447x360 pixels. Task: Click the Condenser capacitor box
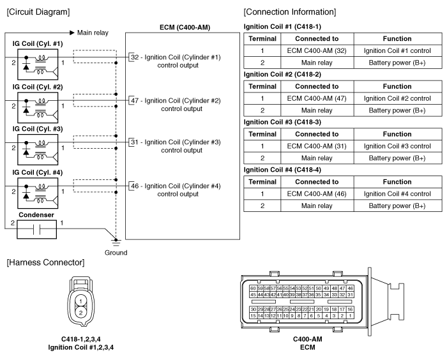tap(37, 229)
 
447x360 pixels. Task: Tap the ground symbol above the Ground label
tap(116, 242)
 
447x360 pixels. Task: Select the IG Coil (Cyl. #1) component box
tap(38, 64)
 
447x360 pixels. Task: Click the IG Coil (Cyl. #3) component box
tap(38, 149)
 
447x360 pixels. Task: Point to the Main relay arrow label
tap(93, 33)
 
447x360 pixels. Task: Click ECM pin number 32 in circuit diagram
tap(135, 57)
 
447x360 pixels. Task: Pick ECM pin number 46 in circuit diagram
tap(135, 186)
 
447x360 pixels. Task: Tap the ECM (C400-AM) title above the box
tap(185, 27)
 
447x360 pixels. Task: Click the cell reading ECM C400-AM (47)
tap(317, 98)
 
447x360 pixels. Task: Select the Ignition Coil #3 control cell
tap(397, 146)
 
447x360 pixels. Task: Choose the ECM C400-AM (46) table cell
tap(317, 194)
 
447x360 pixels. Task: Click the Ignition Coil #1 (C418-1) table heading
tap(282, 27)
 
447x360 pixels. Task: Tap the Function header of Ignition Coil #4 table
tap(397, 182)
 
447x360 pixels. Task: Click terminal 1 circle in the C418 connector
tap(80, 301)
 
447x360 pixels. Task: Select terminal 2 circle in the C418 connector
tap(80, 312)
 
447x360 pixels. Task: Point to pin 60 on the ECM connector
tap(253, 288)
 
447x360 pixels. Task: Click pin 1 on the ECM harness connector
tap(351, 315)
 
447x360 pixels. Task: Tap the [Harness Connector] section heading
tap(45, 262)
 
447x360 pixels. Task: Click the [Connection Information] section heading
tap(290, 12)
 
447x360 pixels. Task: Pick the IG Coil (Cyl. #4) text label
tap(37, 172)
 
